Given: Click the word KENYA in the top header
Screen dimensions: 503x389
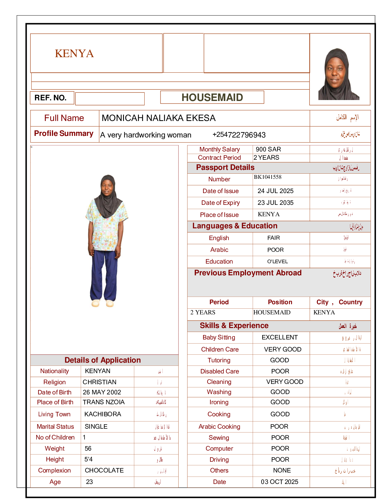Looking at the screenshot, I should click(74, 53).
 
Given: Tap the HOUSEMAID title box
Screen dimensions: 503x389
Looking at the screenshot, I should click(212, 97).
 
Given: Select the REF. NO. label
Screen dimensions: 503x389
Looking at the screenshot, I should click(51, 98).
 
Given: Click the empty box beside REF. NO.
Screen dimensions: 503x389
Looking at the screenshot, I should click(110, 99).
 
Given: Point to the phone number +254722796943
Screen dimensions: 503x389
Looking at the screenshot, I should click(239, 135).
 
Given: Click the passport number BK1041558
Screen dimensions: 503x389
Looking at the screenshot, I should click(268, 177).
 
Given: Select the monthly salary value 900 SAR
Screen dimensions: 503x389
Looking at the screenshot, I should click(268, 149).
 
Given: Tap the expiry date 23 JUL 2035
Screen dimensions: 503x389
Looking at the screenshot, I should click(276, 203).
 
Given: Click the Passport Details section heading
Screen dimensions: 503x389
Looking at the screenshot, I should click(225, 167).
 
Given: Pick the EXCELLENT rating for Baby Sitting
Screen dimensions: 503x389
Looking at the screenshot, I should click(280, 337).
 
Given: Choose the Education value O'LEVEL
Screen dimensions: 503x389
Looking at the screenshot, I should click(277, 262).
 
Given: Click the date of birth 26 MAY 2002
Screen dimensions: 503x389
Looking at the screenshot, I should click(102, 392).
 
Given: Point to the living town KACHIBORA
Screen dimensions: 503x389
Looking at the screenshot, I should click(103, 414).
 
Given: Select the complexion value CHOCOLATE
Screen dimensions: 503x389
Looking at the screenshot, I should click(104, 470).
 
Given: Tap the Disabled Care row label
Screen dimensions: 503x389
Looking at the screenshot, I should click(220, 371).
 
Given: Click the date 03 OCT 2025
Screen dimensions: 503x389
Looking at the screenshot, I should click(280, 482).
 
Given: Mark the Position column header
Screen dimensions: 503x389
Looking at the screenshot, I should click(280, 302).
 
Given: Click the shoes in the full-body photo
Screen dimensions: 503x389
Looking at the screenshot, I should click(103, 303).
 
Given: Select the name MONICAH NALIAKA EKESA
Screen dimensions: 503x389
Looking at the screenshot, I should click(159, 118).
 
